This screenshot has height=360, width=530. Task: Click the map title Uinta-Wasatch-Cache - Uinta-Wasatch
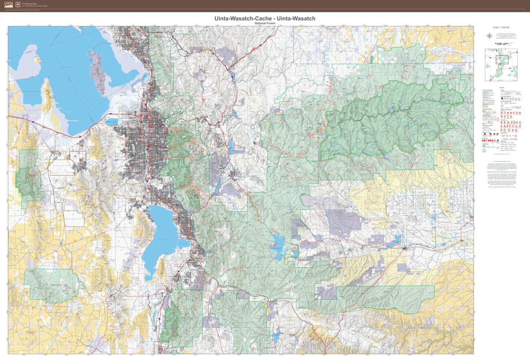(x=265, y=18)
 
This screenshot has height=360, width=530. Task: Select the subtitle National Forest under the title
(x=265, y=23)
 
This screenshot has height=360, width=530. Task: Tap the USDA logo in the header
(x=9, y=4)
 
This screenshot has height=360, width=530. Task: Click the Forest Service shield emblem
(x=18, y=5)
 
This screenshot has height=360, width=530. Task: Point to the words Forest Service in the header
(x=29, y=4)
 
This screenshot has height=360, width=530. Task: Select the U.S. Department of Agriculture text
(x=34, y=6)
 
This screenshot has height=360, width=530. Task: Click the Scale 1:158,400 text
(x=501, y=28)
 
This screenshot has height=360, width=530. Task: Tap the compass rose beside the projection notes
(x=489, y=36)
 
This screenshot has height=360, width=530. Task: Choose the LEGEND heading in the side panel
(x=501, y=88)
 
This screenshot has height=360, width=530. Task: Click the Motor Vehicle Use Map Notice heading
(x=501, y=160)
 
